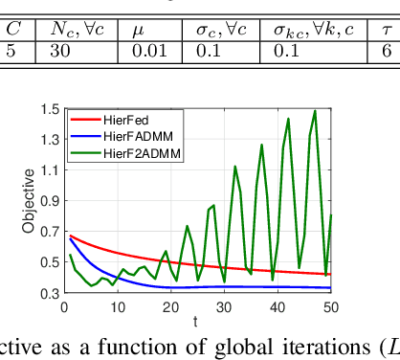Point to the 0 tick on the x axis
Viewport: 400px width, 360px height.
[60, 304]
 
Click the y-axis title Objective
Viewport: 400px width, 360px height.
[29, 201]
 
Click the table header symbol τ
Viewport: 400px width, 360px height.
[387, 32]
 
